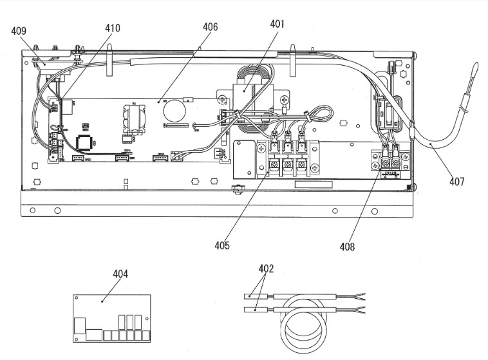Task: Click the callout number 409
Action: tap(19, 30)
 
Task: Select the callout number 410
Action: tap(113, 28)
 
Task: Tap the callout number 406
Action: tap(210, 27)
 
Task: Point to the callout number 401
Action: tap(277, 24)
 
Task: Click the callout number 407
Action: tap(456, 182)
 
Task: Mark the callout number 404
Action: tap(120, 274)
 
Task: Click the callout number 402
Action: tap(265, 269)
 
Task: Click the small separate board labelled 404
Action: tap(111, 319)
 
